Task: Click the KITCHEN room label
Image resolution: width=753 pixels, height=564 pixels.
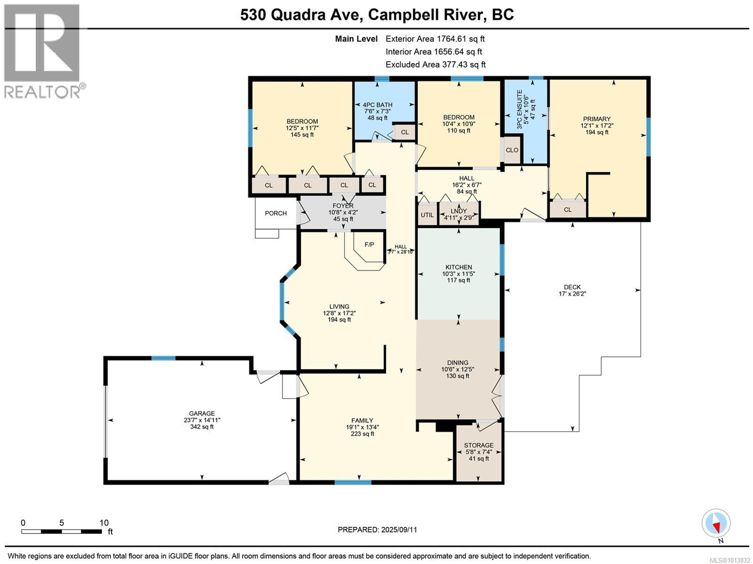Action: pos(459,267)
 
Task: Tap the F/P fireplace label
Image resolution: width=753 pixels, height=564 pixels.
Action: pos(369,245)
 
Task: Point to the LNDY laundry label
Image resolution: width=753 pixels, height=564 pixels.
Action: pos(459,211)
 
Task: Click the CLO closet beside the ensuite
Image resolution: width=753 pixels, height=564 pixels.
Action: pos(512,150)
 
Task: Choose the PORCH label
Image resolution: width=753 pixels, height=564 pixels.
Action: pos(276,213)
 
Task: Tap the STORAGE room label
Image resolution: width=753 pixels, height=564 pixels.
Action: pos(479,445)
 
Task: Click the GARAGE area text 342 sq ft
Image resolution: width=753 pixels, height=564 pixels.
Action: pos(202,427)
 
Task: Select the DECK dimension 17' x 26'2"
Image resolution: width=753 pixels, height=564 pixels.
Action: pos(572,294)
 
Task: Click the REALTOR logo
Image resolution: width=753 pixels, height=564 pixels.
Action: pos(42,51)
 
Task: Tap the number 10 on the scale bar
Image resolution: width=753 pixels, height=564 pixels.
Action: pos(104,523)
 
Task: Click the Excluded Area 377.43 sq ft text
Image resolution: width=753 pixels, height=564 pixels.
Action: pos(435,64)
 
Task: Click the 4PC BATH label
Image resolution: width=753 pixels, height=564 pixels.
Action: pos(377,105)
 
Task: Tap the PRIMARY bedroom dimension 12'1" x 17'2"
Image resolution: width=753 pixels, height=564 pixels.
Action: pos(597,126)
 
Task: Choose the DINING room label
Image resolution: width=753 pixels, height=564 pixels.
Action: pos(457,363)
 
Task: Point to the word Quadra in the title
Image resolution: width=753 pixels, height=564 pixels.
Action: pos(298,15)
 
